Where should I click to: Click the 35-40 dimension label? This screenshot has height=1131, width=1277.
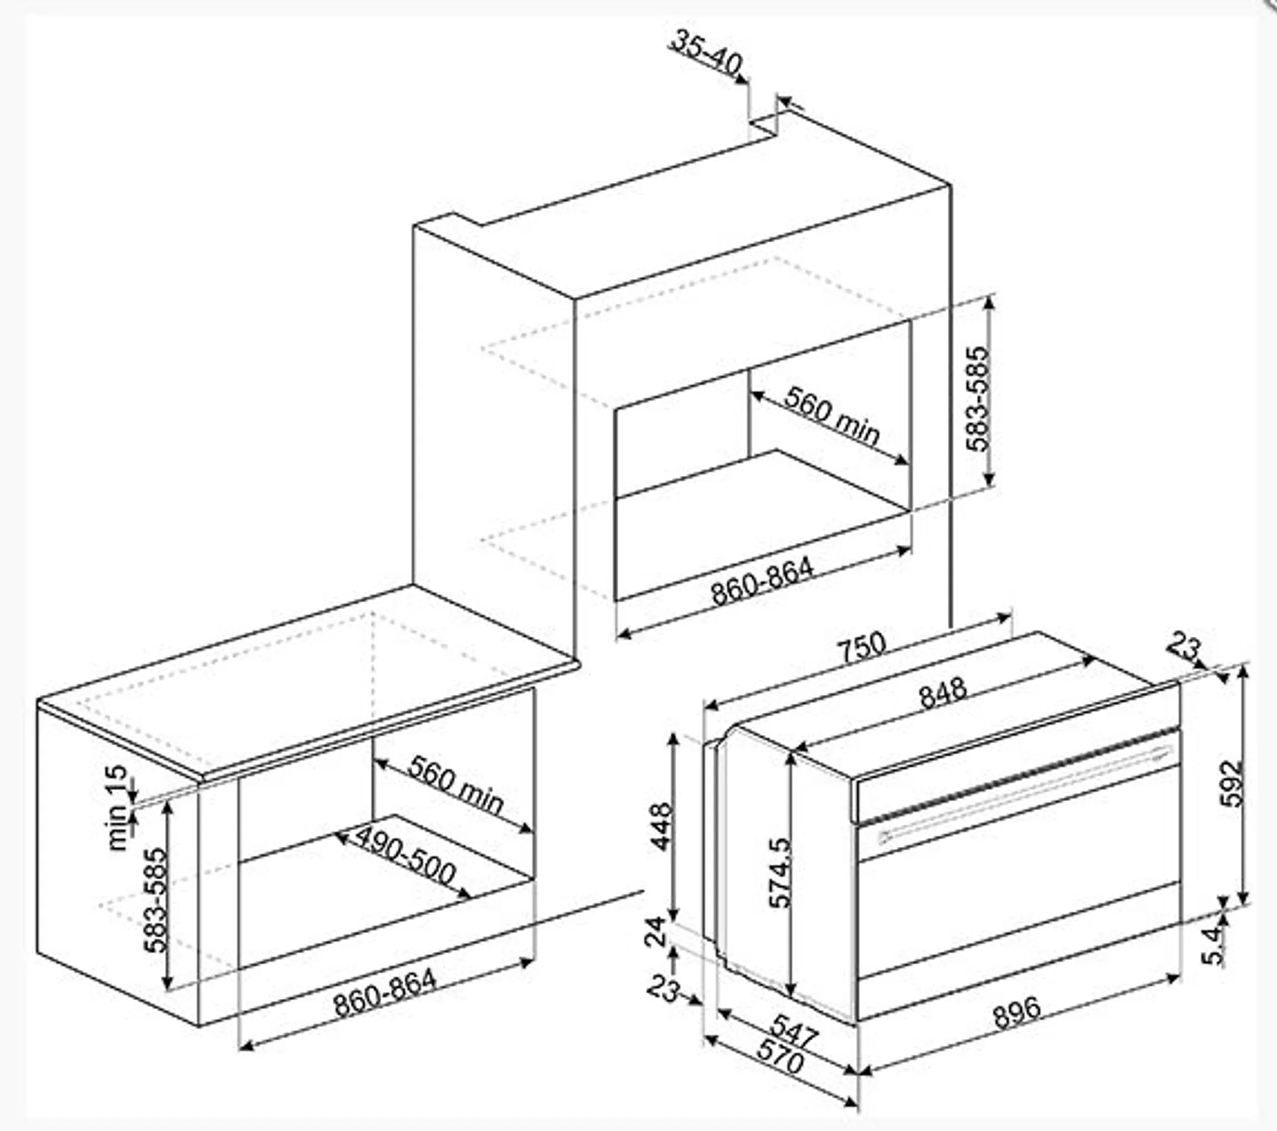[x=706, y=53]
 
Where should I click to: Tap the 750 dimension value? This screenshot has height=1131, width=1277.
[x=861, y=649]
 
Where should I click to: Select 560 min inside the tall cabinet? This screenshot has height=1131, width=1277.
[x=832, y=416]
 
